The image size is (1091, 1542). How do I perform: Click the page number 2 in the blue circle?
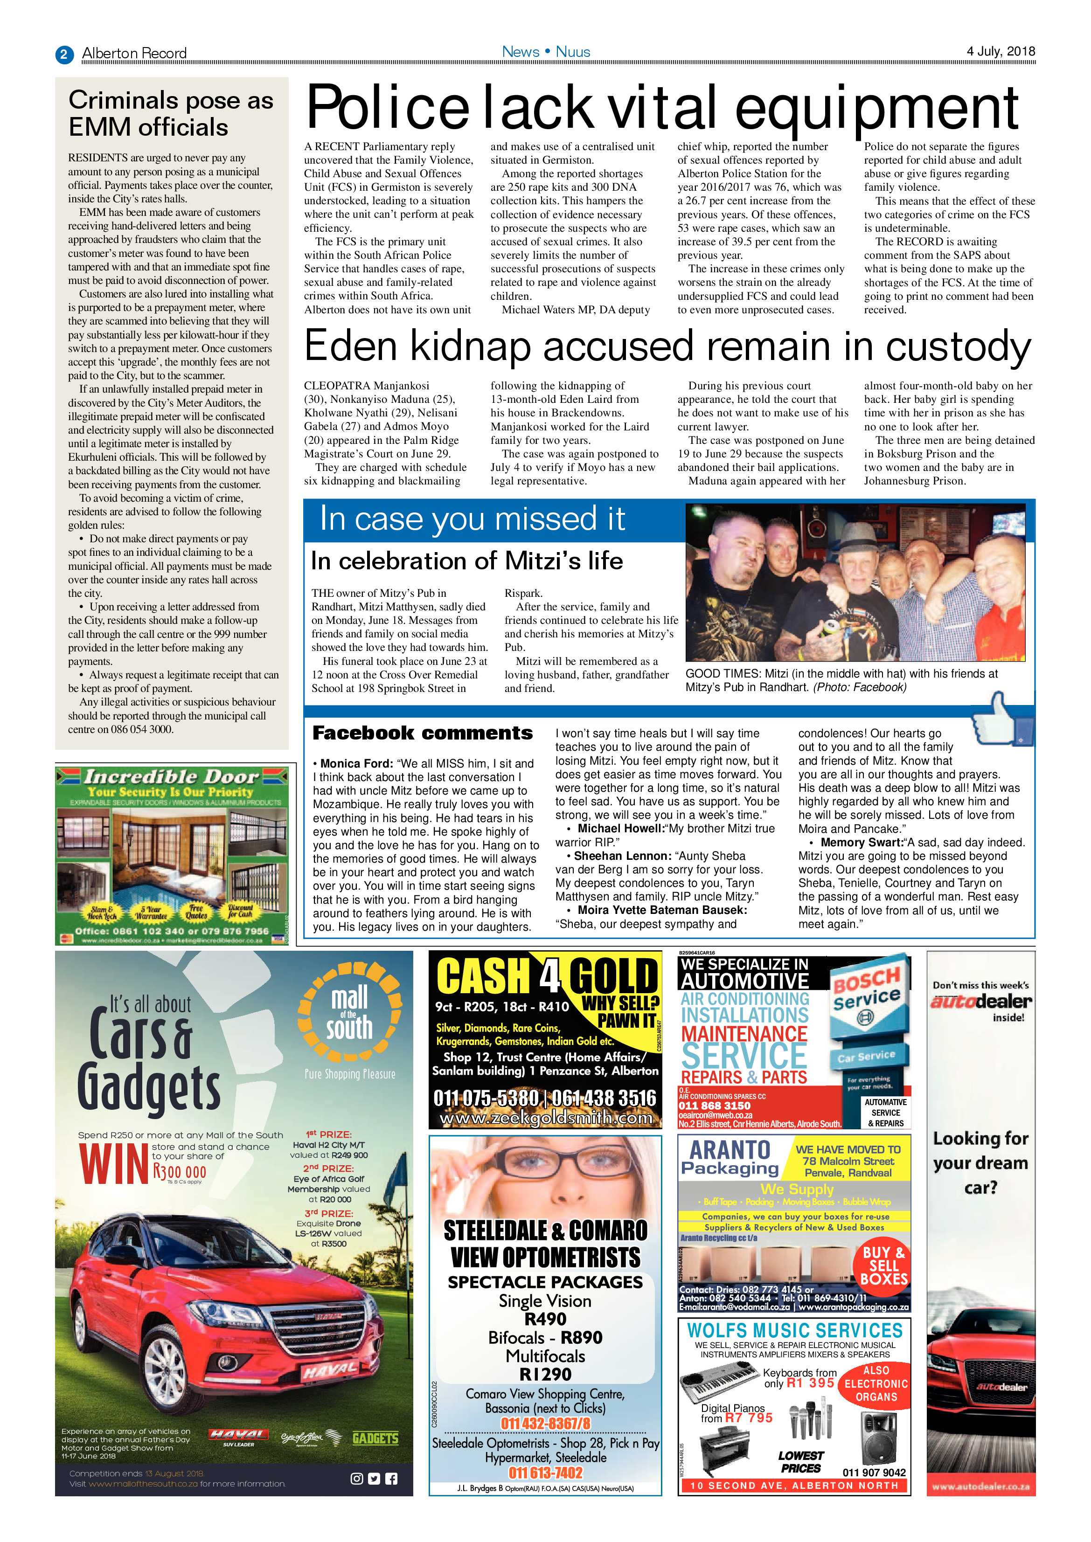tap(64, 54)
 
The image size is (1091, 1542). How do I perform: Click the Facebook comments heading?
tap(423, 733)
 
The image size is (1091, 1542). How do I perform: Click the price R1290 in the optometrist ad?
tap(545, 1374)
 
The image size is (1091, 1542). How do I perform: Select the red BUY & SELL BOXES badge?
tap(883, 1265)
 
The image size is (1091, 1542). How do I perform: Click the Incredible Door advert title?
tap(171, 777)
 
